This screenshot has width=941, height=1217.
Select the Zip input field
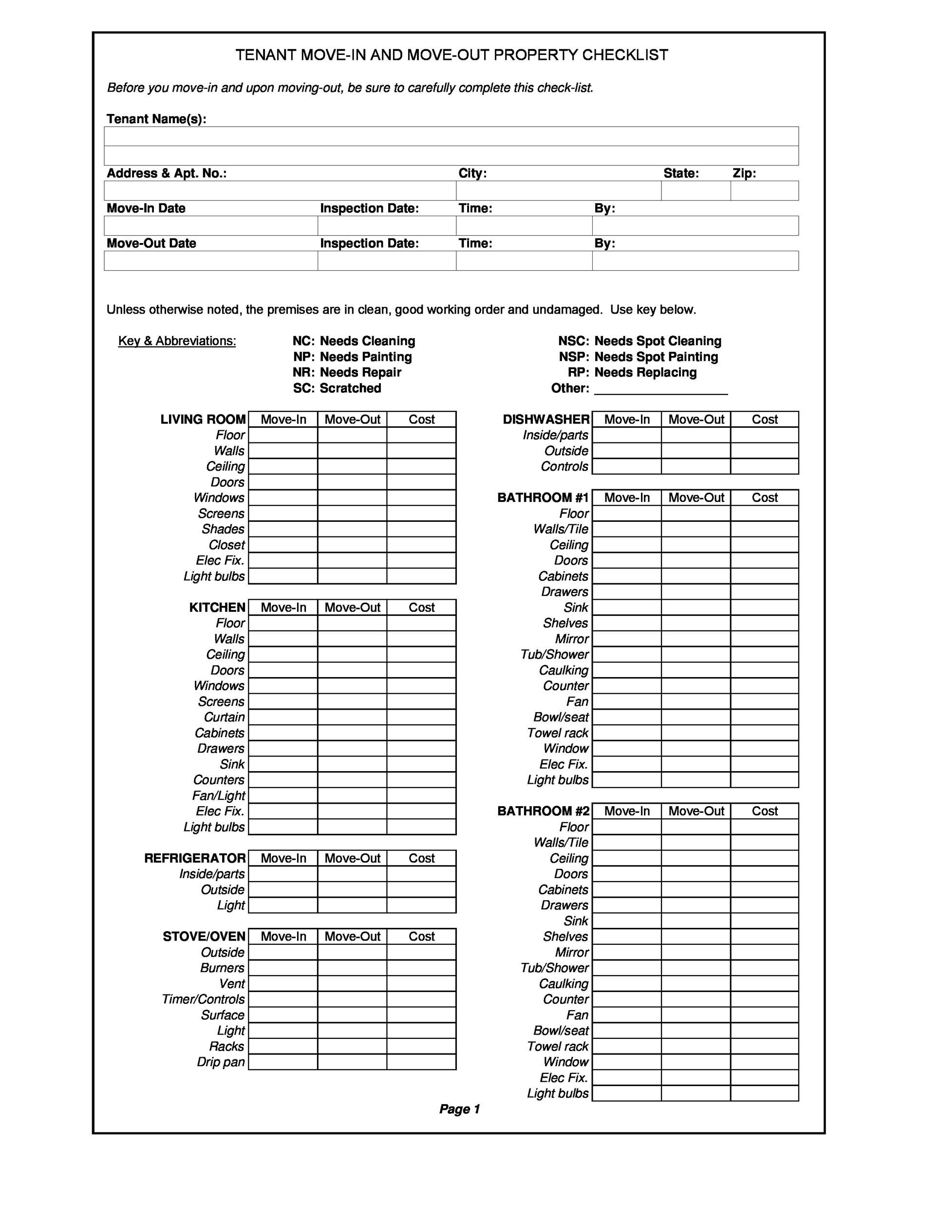pyautogui.click(x=764, y=190)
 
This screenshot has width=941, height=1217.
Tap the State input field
pyautogui.click(x=696, y=190)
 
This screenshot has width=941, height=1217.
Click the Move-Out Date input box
pyautogui.click(x=211, y=261)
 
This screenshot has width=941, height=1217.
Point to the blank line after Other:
pyautogui.click(x=660, y=389)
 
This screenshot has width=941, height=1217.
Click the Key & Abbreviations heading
pyautogui.click(x=177, y=341)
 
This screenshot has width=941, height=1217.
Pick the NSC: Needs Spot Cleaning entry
pyautogui.click(x=640, y=341)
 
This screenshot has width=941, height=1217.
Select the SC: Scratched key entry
pyautogui.click(x=337, y=388)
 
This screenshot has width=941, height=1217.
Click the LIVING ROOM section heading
pyautogui.click(x=203, y=420)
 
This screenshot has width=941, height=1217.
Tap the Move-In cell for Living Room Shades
pyautogui.click(x=283, y=529)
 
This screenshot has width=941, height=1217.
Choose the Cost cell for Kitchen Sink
pyautogui.click(x=421, y=765)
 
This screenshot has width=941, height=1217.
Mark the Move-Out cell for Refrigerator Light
pyautogui.click(x=352, y=905)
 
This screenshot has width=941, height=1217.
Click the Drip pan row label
pyautogui.click(x=221, y=1062)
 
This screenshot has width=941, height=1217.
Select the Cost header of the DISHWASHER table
pyautogui.click(x=764, y=420)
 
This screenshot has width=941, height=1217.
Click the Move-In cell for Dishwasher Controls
pyautogui.click(x=626, y=466)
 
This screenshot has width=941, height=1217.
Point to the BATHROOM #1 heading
pyautogui.click(x=543, y=498)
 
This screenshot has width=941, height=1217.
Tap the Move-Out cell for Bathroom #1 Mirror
pyautogui.click(x=696, y=639)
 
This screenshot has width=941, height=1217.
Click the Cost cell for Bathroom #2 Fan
pyautogui.click(x=764, y=1015)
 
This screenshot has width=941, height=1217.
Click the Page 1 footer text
pyautogui.click(x=459, y=1109)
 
